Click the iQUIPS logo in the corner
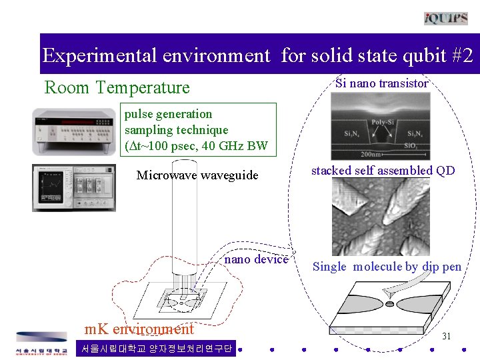point(445,18)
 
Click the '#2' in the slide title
point(458,55)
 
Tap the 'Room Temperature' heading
point(117,87)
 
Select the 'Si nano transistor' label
point(381,83)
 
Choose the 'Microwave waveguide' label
point(197,175)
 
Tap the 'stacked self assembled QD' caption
point(383,171)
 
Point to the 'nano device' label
point(257,259)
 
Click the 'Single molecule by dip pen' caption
point(387,267)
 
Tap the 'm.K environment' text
point(139,329)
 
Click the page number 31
point(447,336)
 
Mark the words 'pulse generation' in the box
point(168,114)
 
